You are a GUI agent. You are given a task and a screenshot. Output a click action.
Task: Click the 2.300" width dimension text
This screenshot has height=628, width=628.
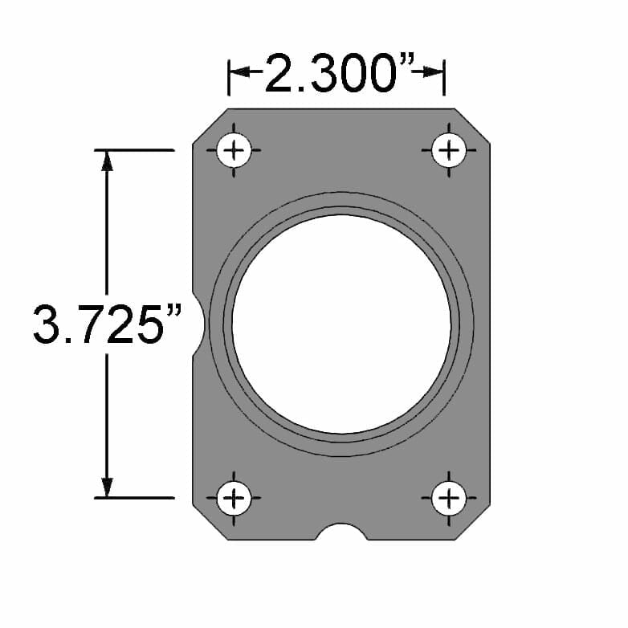tap(337, 75)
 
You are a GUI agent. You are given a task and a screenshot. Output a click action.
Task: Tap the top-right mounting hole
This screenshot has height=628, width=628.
tap(449, 150)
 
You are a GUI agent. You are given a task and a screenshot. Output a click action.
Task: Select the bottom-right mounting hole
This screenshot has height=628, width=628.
tap(449, 499)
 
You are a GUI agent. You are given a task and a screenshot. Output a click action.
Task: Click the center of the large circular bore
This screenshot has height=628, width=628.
tap(341, 323)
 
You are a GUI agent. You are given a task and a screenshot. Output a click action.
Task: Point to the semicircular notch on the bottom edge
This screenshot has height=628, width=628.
tap(342, 532)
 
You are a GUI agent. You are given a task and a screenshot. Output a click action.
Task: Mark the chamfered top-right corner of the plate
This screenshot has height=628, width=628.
tap(472, 126)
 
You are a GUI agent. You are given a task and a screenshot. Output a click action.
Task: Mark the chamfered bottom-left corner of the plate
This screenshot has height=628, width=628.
tap(210, 522)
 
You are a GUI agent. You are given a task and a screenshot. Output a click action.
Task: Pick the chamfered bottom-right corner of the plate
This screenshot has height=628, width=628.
tap(472, 522)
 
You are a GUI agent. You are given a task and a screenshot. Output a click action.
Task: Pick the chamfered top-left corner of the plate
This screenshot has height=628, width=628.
tap(210, 126)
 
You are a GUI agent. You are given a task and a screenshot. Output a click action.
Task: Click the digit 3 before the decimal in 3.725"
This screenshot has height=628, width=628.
tap(47, 324)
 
